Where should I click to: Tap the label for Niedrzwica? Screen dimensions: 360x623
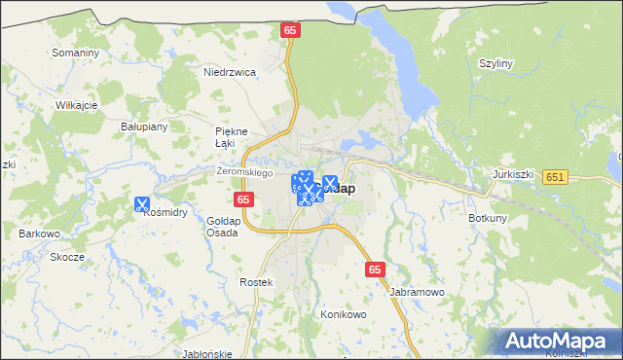point(229,72)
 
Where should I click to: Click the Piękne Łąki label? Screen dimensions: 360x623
point(232,137)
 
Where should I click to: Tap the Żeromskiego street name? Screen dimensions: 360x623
point(242,171)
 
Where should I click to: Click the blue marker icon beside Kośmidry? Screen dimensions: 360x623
point(142,204)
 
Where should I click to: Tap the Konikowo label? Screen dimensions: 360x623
point(343,315)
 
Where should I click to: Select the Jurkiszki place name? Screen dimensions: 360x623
point(515,173)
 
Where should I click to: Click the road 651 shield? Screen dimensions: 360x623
point(556,176)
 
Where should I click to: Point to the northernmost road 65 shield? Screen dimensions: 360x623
point(290,31)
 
